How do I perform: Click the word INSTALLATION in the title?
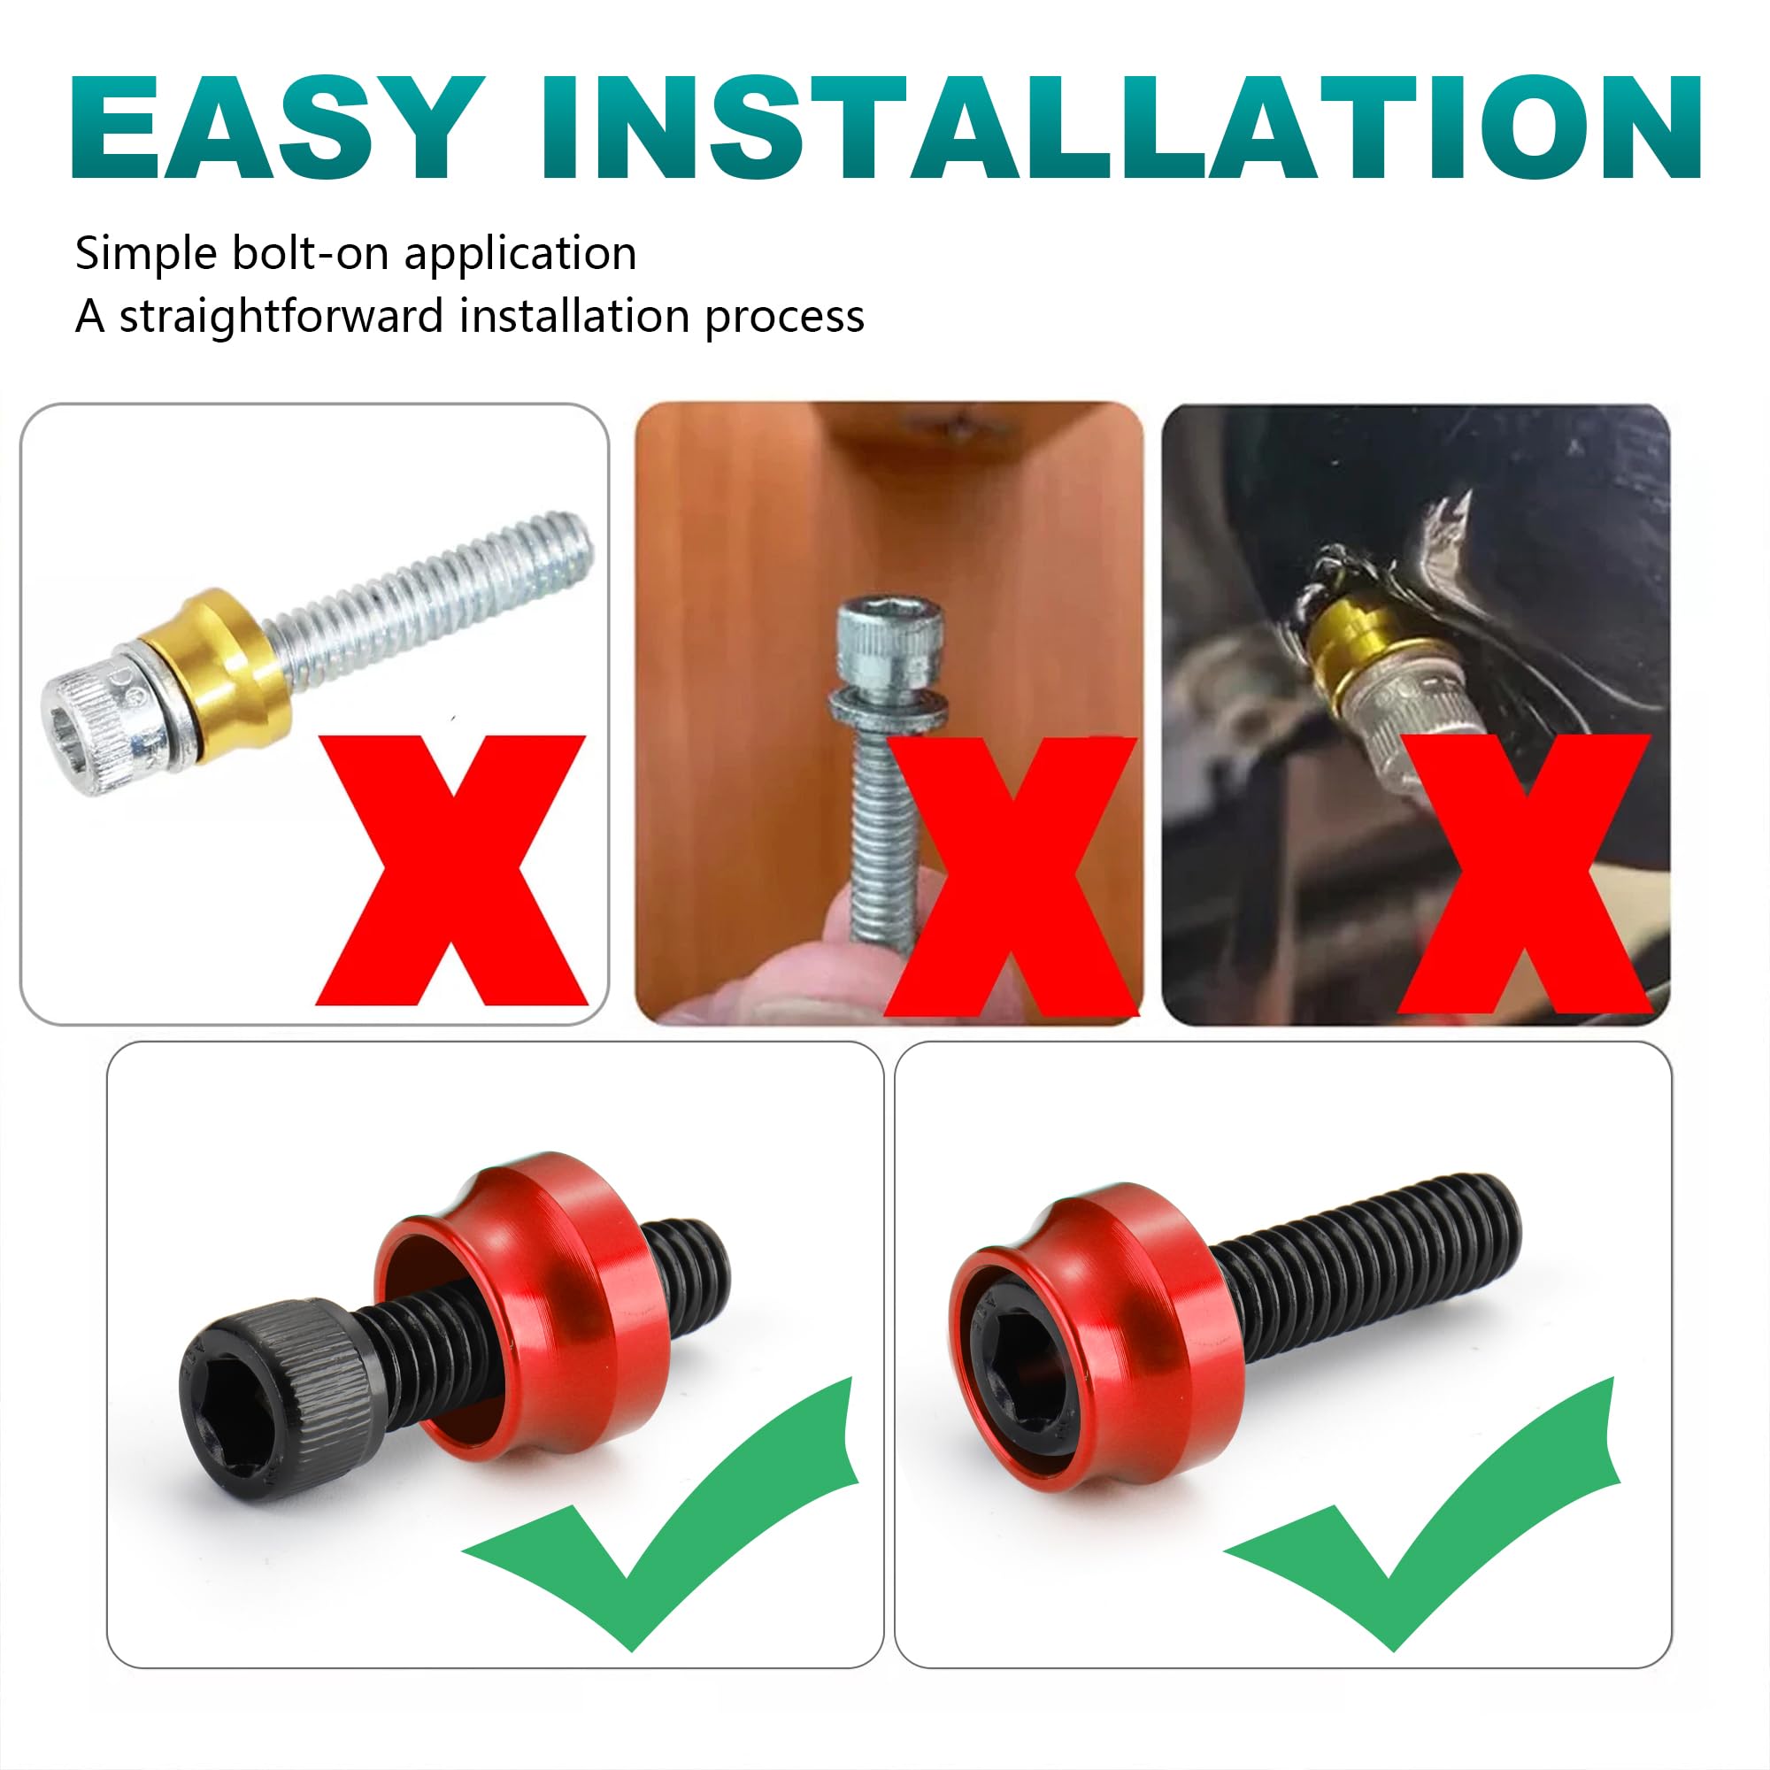1120,126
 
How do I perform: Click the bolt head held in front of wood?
869,643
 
